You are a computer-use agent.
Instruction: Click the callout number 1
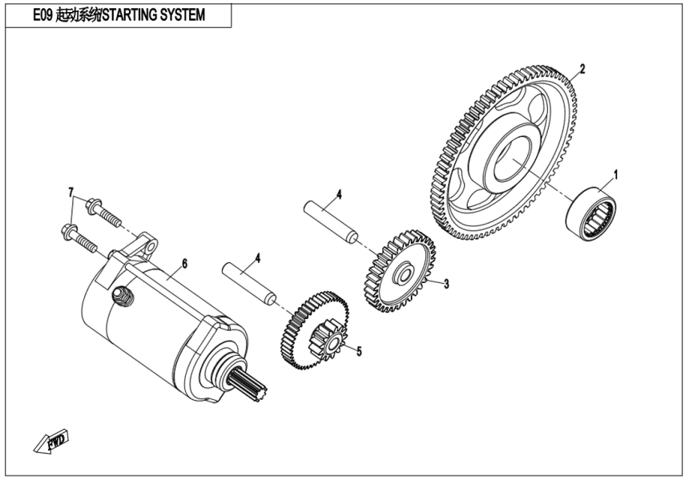tap(615, 172)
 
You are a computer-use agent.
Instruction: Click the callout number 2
tap(582, 69)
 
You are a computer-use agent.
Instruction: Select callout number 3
tap(446, 284)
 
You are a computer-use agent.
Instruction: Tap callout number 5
tap(360, 351)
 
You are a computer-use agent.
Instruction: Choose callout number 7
tap(71, 192)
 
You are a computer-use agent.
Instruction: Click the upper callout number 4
tap(339, 195)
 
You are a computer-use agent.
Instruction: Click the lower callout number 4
tap(257, 258)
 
